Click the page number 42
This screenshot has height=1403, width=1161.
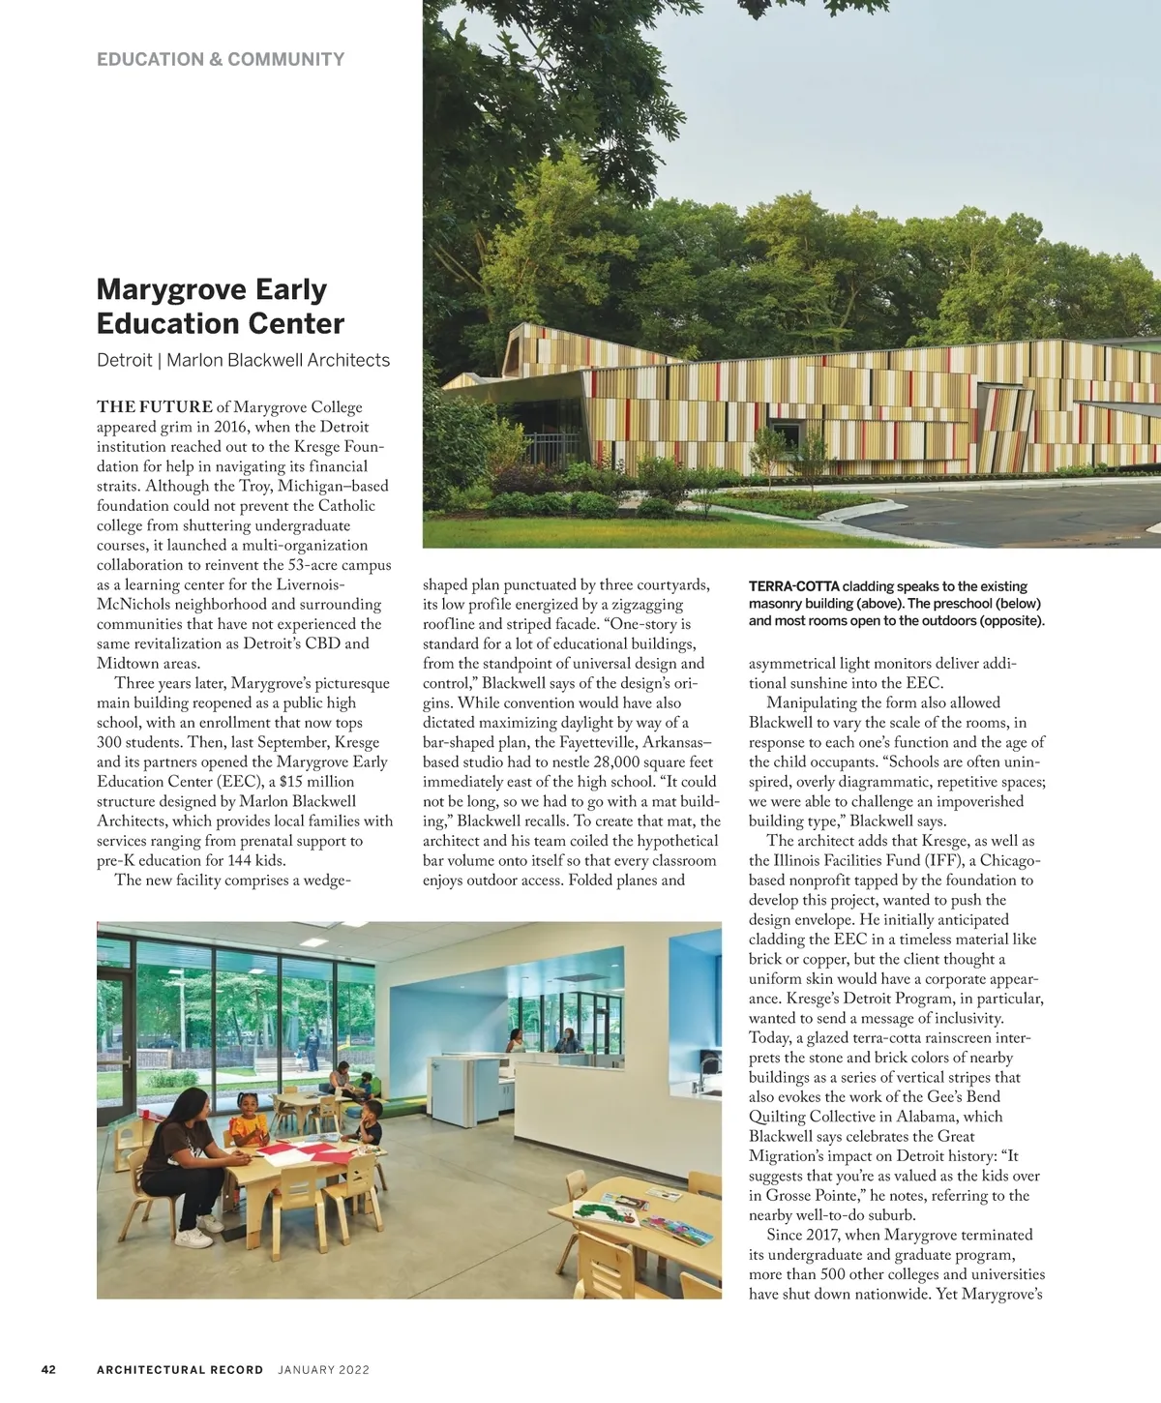(48, 1369)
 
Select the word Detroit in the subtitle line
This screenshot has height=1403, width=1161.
(124, 360)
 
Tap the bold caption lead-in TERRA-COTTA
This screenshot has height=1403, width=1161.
(793, 586)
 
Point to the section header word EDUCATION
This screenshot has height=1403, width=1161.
(150, 59)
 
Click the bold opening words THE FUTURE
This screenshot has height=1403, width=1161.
(155, 406)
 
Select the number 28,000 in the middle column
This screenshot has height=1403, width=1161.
(622, 762)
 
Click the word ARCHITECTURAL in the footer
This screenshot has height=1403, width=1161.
(180, 1369)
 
